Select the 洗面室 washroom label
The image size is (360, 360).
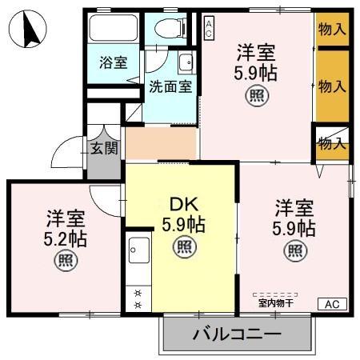point(170,87)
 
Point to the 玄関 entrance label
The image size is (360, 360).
point(104,148)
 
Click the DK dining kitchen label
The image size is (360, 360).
point(183,205)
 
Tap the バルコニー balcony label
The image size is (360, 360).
point(236,333)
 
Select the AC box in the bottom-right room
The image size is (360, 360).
point(332,304)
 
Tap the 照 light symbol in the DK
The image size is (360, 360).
point(183,246)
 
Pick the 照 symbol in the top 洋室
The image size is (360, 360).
point(255,96)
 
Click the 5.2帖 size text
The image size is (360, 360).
point(66,238)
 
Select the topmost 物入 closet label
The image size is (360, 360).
point(332,30)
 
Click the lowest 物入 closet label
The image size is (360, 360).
point(331,144)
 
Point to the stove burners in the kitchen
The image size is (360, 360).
point(138,298)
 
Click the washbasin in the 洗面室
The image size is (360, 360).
point(186,63)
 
